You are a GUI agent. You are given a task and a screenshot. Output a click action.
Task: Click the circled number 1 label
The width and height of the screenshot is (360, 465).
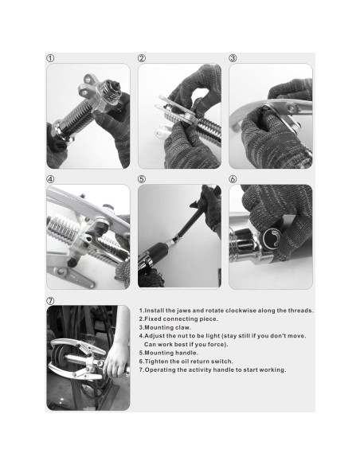click(x=50, y=58)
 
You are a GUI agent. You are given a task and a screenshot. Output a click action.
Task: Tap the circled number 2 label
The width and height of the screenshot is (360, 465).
click(x=142, y=58)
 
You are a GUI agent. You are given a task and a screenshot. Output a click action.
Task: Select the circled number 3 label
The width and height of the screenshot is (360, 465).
click(x=233, y=58)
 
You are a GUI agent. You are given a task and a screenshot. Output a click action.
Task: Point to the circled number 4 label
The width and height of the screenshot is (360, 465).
click(x=50, y=179)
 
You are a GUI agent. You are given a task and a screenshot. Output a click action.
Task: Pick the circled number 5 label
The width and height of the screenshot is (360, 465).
click(x=142, y=179)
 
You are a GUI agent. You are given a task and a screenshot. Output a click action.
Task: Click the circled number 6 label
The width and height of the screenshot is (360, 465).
click(x=233, y=179)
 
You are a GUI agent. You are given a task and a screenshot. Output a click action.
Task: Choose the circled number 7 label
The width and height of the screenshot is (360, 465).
click(x=50, y=300)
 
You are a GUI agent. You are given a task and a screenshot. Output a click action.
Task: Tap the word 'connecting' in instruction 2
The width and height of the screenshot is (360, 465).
click(x=179, y=319)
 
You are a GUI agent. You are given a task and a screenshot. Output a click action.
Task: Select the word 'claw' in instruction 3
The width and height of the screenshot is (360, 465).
click(x=182, y=327)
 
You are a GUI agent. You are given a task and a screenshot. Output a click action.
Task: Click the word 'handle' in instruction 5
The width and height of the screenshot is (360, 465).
click(x=186, y=353)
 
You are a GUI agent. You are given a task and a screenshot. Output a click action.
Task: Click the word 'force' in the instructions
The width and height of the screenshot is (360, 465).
click(x=217, y=345)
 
